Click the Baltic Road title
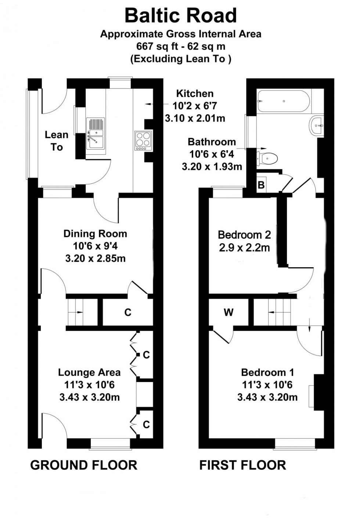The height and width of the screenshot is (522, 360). coord(180,15)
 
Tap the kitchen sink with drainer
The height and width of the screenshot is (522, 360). coord(96,133)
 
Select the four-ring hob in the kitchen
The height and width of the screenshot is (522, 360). coord(143,140)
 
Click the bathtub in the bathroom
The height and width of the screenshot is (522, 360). coord(284,101)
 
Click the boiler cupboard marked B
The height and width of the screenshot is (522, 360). coord(261,185)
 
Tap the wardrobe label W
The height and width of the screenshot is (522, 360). coord(228,312)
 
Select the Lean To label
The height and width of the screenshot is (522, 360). coord(57,141)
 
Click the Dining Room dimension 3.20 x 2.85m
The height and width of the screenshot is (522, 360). coord(95,258)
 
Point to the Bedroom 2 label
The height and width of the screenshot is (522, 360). coord(244,235)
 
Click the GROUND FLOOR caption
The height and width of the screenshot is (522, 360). coord(83,465)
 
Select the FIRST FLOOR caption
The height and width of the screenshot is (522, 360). coord(242,465)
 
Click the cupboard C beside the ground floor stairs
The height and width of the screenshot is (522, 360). coord(127,312)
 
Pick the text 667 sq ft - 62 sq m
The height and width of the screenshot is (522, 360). coord(180,46)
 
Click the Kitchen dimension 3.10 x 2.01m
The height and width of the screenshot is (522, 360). coord(195,118)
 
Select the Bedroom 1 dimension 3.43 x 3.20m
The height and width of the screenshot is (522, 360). coord(267,397)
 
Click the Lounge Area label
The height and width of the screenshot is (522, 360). coord(89,372)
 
